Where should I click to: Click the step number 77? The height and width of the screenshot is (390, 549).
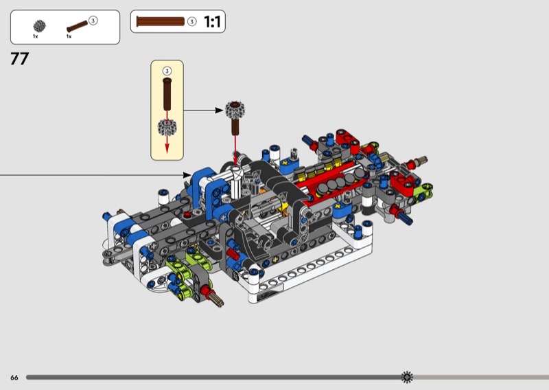[x=20, y=58]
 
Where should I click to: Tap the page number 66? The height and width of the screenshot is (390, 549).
[x=14, y=378]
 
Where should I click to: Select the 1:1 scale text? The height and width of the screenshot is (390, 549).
[x=212, y=22]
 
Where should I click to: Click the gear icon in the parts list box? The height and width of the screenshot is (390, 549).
[x=40, y=26]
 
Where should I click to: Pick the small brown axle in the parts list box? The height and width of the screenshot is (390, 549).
[x=77, y=27]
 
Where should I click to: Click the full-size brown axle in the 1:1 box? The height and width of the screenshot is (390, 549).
[x=161, y=22]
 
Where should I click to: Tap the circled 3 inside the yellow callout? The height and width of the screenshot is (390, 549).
[x=167, y=71]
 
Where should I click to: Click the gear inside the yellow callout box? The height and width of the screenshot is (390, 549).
[x=167, y=127]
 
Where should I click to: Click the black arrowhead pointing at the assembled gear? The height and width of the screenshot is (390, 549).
[x=219, y=111]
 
